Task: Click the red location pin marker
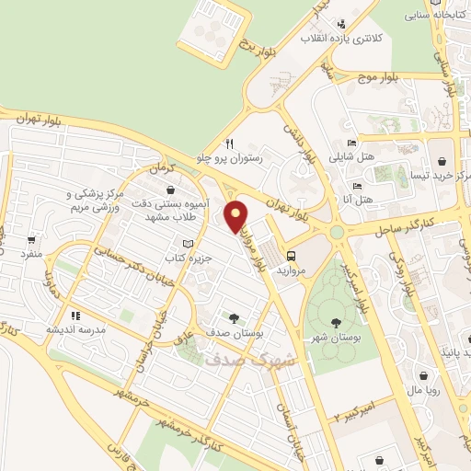(236, 216)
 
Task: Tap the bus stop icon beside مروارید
(292, 257)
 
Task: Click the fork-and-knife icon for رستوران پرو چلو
(230, 144)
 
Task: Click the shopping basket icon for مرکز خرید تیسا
(444, 157)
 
